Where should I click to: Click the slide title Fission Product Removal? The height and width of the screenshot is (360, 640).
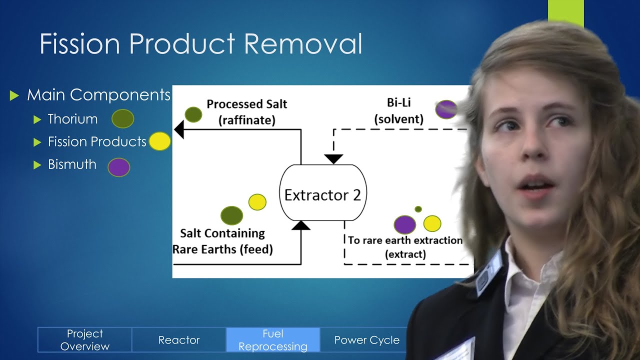click(200, 44)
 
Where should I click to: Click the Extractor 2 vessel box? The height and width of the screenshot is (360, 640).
click(322, 194)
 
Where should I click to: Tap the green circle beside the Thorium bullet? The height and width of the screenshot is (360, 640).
click(122, 119)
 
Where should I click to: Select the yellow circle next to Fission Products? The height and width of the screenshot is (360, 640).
click(160, 141)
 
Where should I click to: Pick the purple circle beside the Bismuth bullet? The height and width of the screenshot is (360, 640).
click(119, 167)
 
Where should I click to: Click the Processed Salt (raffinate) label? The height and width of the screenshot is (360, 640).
click(247, 111)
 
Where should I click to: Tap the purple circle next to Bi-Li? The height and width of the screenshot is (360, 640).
click(445, 109)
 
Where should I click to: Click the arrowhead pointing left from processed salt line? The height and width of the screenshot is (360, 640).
click(179, 129)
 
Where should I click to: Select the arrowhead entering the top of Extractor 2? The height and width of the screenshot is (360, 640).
click(333, 159)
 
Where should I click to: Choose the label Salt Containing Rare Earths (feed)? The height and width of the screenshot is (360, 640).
click(222, 241)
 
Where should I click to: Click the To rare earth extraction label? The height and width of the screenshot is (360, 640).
click(405, 246)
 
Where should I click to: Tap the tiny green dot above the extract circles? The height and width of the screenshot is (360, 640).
click(418, 209)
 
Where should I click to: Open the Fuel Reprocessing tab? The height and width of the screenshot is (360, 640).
click(273, 340)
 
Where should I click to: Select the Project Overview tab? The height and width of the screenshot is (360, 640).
click(85, 340)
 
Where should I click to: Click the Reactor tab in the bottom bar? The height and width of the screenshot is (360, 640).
click(179, 340)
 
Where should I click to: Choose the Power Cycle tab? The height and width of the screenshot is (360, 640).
click(366, 340)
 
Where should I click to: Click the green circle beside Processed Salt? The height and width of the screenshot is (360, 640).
click(193, 114)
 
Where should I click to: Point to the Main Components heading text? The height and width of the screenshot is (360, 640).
click(98, 94)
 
